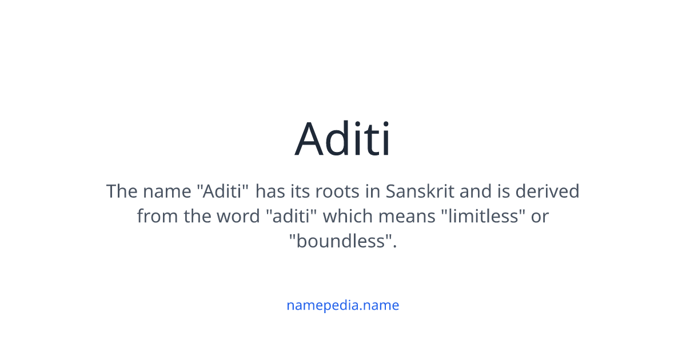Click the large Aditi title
pos(343,138)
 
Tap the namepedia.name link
pos(343,305)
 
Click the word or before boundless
pos(540,217)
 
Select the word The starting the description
pos(122,191)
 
